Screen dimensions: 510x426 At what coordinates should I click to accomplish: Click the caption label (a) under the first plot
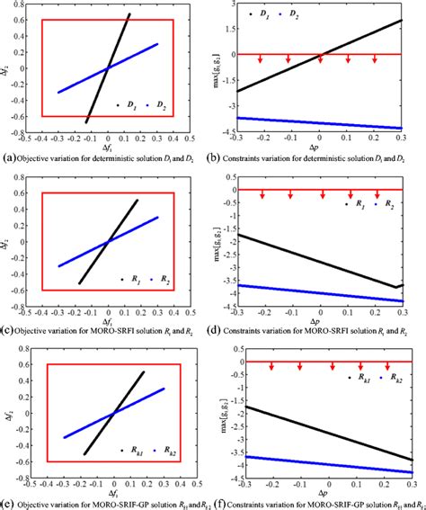click(x=8, y=159)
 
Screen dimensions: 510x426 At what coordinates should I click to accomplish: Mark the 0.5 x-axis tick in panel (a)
click(x=191, y=139)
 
